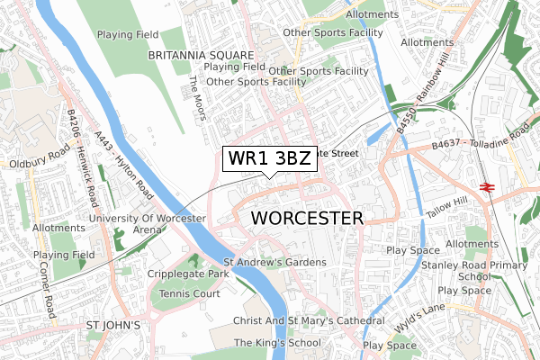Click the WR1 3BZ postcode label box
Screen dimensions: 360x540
click(269, 158)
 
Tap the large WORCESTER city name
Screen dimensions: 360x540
click(307, 219)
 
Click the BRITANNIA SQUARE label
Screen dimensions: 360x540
click(200, 55)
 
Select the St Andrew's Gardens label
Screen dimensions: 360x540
click(274, 262)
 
